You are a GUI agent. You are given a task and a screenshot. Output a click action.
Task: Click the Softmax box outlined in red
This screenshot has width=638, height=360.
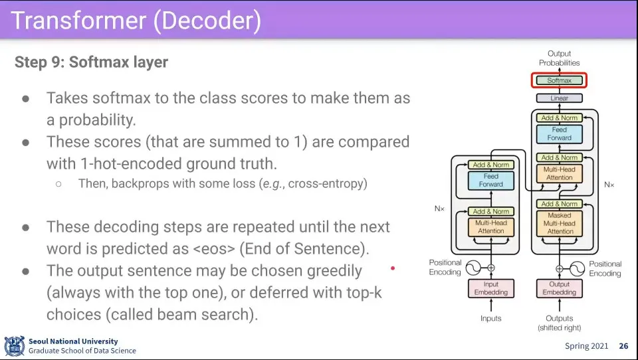click(x=559, y=80)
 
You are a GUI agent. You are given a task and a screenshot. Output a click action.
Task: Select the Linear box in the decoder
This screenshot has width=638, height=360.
click(x=559, y=98)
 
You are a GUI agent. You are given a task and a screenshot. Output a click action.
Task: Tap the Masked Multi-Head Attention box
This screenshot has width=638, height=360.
click(x=560, y=224)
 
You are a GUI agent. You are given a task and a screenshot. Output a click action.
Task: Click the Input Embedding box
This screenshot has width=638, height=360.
click(x=491, y=288)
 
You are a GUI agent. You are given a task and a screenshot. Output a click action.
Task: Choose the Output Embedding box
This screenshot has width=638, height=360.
click(x=560, y=288)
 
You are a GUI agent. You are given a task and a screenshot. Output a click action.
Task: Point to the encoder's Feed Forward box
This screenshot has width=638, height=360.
click(x=491, y=180)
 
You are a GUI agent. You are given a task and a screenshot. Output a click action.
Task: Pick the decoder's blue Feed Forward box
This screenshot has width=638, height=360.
click(x=560, y=134)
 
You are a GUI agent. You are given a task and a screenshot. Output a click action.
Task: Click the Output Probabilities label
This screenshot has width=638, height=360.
click(x=559, y=58)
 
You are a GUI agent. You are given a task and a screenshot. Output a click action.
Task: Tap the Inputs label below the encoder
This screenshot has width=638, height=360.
click(x=491, y=319)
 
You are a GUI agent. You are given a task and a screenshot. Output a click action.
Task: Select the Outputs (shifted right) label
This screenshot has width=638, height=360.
click(x=560, y=323)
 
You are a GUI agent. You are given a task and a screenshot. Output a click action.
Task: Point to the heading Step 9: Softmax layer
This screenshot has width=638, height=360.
click(x=91, y=62)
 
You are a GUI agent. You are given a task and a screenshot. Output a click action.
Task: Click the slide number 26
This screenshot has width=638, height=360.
click(x=623, y=346)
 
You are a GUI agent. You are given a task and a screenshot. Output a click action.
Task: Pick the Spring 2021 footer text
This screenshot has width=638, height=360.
click(x=585, y=346)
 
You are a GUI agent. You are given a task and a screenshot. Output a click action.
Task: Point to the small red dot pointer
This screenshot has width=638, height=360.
click(x=393, y=268)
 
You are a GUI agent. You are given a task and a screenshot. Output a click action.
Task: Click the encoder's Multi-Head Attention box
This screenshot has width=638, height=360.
click(x=491, y=226)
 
